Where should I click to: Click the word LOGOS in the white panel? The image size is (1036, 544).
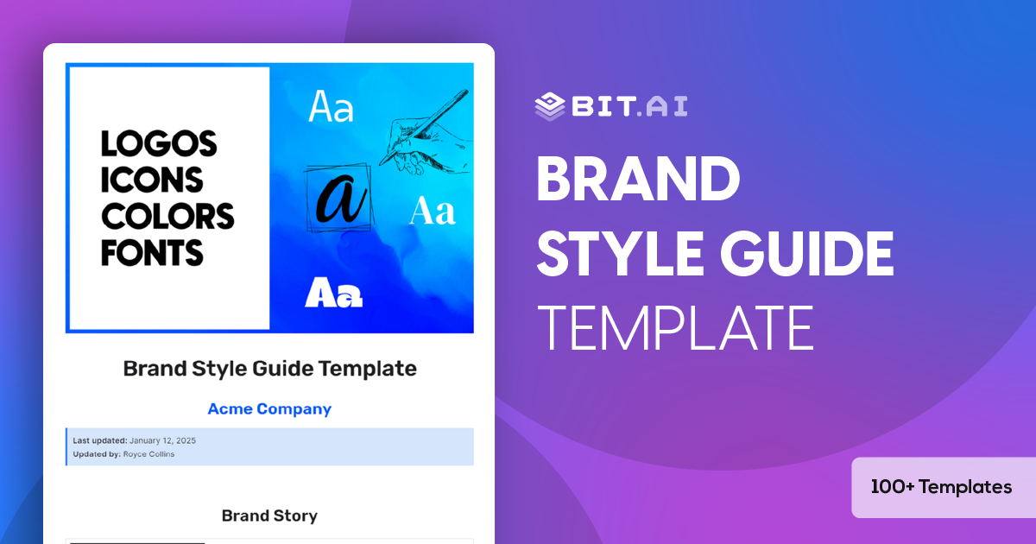click(x=159, y=143)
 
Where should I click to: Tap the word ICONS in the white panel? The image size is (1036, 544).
click(x=152, y=180)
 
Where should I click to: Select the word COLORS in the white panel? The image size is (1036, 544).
click(x=167, y=216)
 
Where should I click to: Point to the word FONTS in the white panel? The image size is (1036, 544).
click(x=152, y=252)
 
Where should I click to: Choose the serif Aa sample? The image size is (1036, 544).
click(x=432, y=211)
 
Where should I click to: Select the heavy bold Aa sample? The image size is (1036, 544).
click(x=333, y=294)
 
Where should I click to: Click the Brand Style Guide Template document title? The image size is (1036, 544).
click(x=269, y=369)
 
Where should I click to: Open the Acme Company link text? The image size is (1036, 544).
click(x=269, y=409)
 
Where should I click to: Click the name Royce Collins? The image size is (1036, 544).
click(x=148, y=453)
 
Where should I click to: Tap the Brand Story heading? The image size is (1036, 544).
click(x=269, y=516)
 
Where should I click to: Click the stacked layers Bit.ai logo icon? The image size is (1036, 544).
click(x=550, y=106)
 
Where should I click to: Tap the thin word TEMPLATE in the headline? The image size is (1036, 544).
click(x=675, y=327)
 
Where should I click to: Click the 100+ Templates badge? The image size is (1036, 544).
click(x=941, y=487)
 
